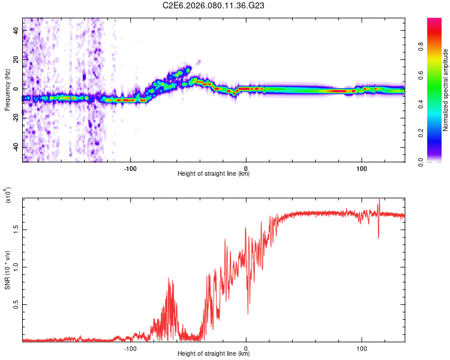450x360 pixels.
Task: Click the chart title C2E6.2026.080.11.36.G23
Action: [214, 5]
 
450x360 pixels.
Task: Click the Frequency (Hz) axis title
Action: [7, 90]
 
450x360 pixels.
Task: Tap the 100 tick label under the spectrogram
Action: [362, 167]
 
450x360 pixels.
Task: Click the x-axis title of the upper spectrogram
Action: [214, 174]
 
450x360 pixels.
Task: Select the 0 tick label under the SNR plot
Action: [247, 347]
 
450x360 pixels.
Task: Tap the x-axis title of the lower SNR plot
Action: [214, 354]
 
